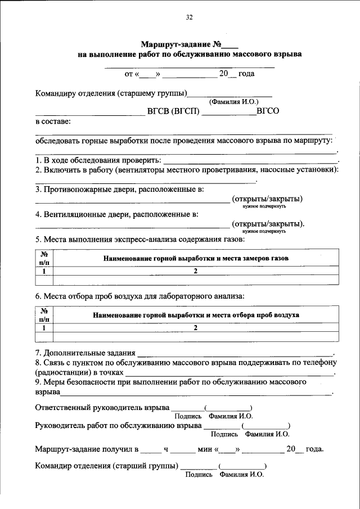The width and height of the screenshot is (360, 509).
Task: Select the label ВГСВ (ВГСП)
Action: pos(173,111)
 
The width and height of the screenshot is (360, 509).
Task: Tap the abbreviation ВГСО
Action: pos(268,111)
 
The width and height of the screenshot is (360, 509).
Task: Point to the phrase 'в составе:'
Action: pos(53,121)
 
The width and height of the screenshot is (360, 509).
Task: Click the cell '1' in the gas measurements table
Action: pos(43,271)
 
